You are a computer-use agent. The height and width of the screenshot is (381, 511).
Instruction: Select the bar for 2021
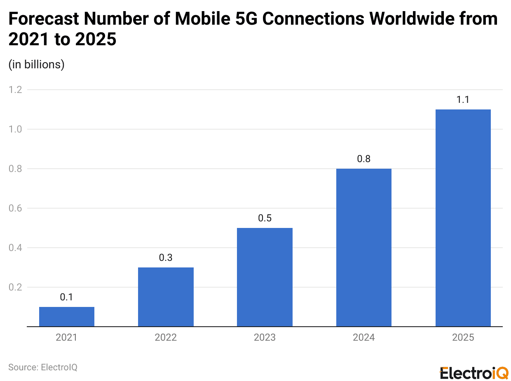(67, 316)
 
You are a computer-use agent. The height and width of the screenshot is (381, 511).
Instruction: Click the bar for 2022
(166, 297)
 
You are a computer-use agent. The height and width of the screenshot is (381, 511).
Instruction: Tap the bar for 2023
(265, 277)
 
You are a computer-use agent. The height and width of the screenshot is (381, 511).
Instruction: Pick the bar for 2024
(364, 247)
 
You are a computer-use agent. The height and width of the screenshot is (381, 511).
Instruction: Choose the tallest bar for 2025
(463, 218)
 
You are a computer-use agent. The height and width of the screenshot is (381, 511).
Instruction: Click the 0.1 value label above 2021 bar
(67, 297)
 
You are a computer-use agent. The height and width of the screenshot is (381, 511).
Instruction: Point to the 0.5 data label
(265, 218)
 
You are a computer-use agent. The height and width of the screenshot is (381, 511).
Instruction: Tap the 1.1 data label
(463, 100)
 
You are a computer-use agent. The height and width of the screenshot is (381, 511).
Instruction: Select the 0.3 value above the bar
(166, 258)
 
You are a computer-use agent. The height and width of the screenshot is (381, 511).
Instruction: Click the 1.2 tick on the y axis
(15, 90)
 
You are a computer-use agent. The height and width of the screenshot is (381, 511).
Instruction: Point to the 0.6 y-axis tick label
(15, 208)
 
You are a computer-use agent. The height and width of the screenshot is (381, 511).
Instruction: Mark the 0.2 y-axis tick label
(15, 287)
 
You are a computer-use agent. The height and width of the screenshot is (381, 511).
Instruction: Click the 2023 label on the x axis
(265, 338)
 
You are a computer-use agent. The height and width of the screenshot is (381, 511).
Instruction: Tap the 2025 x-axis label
(463, 338)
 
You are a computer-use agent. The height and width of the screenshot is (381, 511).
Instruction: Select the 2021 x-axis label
(67, 338)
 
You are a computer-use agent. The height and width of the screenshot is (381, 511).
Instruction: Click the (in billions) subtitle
(37, 65)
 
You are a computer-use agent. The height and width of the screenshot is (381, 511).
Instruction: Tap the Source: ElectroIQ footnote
(43, 367)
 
